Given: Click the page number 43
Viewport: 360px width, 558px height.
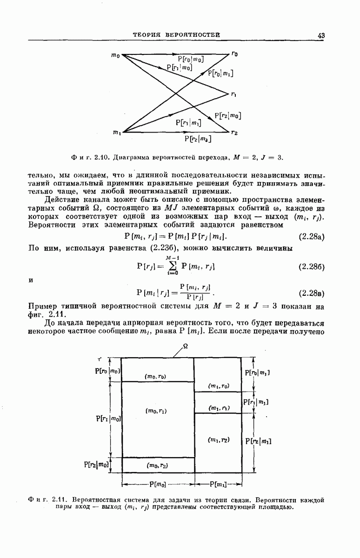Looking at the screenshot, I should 321,35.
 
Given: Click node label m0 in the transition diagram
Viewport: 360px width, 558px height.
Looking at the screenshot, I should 115,56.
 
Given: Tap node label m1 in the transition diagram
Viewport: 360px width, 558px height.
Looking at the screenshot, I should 116,133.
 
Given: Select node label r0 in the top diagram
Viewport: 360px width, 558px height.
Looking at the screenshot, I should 234,54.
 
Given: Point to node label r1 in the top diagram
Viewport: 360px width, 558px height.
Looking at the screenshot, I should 233,94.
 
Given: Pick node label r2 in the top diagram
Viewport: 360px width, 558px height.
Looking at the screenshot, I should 234,133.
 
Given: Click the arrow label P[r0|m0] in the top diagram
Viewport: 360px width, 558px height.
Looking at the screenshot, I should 191,59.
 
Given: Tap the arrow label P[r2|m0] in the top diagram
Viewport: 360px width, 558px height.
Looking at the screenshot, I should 227,116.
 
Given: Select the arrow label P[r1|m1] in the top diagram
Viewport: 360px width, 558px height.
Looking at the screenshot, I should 188,123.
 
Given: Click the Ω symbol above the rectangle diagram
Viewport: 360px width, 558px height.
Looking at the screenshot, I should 186,346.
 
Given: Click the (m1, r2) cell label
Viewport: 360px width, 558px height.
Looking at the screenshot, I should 219,439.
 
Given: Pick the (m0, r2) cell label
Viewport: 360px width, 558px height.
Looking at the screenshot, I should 157,465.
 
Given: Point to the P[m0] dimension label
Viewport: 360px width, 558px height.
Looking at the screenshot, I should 158,485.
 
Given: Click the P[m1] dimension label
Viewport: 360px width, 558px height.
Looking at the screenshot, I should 218,485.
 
